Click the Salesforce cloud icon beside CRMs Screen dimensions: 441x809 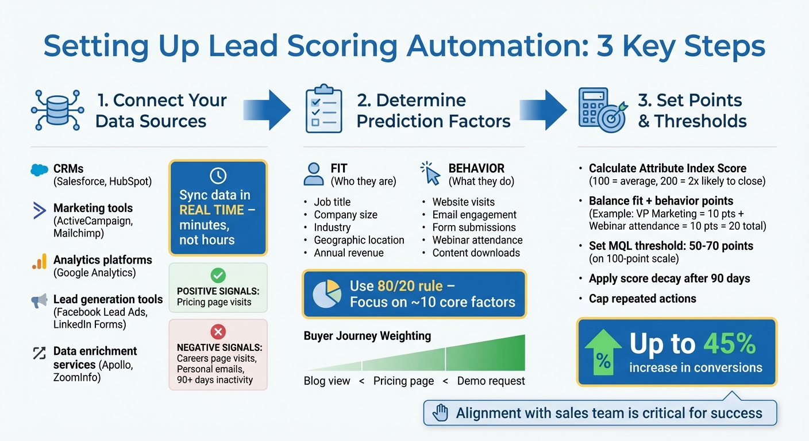tap(39, 170)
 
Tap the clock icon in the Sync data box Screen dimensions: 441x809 tap(218, 176)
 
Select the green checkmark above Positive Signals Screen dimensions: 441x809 tap(218, 275)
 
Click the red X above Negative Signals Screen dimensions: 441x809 tap(218, 331)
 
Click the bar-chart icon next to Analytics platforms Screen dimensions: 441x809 tap(39, 262)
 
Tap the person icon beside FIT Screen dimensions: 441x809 tap(313, 174)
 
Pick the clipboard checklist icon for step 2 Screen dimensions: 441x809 tap(323, 109)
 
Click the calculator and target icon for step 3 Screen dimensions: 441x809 tap(601, 110)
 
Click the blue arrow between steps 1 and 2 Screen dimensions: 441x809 tap(267, 109)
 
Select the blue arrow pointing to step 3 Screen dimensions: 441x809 tap(543, 109)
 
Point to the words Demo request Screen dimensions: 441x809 tap(491, 381)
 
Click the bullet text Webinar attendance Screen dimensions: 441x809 tap(477, 240)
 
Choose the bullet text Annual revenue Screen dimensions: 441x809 tap(348, 253)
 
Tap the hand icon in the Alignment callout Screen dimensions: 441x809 tap(441, 412)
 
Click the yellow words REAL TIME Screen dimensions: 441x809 tap(211, 210)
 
